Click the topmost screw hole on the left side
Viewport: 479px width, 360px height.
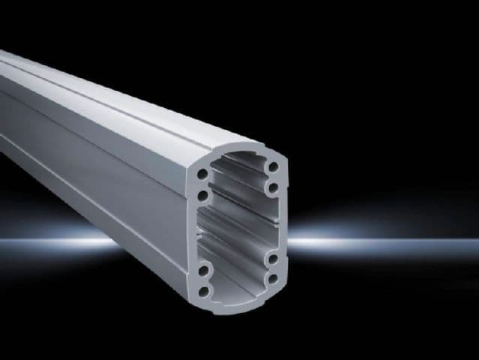[203, 174]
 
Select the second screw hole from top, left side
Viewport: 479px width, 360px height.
[203, 196]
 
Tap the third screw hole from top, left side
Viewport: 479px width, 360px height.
[203, 268]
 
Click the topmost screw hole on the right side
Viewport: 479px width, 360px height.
[273, 166]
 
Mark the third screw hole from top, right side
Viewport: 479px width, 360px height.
[273, 259]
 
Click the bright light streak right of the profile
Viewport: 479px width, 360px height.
[375, 241]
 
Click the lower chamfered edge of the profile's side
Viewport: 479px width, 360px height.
[112, 225]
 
